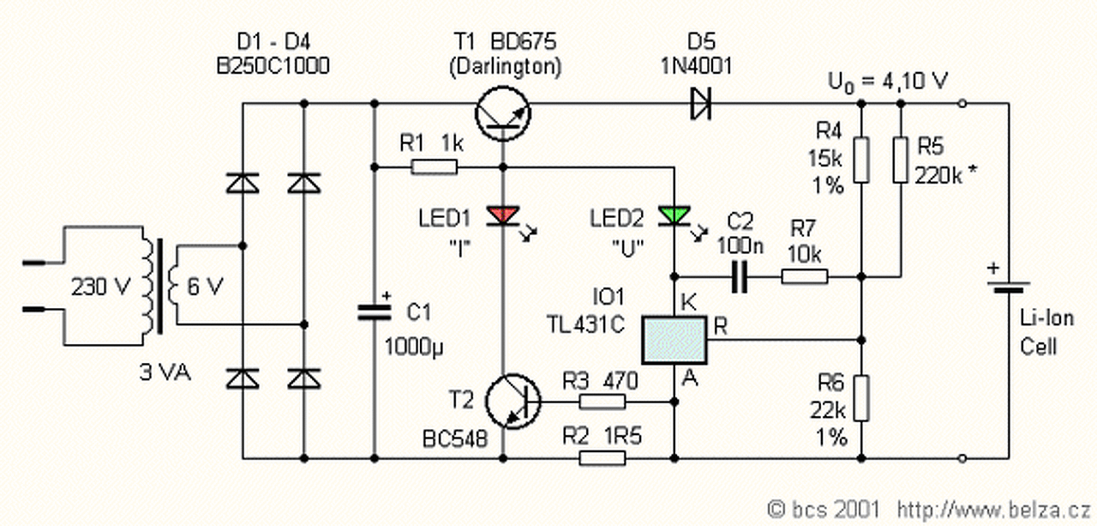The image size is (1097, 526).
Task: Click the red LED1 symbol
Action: (502, 215)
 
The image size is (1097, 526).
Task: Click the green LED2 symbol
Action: (674, 215)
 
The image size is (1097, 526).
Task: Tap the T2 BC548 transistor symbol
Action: (512, 400)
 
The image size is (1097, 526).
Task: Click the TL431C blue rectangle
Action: (674, 341)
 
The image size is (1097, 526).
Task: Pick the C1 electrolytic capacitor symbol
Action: (375, 311)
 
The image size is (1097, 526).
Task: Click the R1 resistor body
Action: (435, 166)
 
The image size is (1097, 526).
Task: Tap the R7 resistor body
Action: (804, 276)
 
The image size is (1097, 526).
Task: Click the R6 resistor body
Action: (863, 397)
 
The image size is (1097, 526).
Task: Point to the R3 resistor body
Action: (603, 401)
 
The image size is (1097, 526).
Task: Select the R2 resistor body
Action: (603, 457)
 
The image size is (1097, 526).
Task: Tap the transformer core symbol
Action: (157, 286)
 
